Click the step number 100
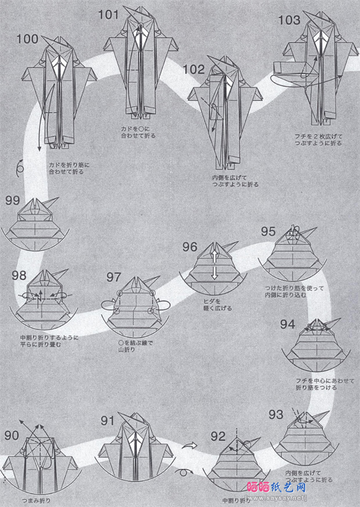pos(28,39)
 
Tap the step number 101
pos(109,15)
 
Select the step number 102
pos(194,70)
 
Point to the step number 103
pos(289,21)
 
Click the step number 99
pos(13,200)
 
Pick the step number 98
pos(19,274)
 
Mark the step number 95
pos(268,231)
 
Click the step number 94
pos(291,323)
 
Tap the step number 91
pos(109,421)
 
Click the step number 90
pos(12,436)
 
